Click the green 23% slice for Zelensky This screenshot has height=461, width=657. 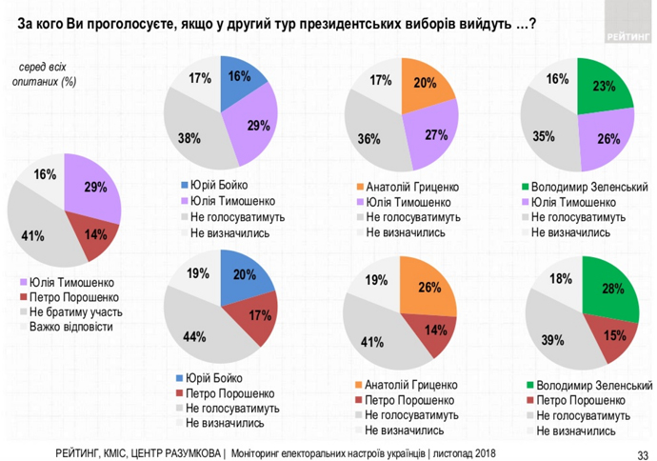[x=602, y=86]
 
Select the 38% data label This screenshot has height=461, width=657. [x=189, y=137]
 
